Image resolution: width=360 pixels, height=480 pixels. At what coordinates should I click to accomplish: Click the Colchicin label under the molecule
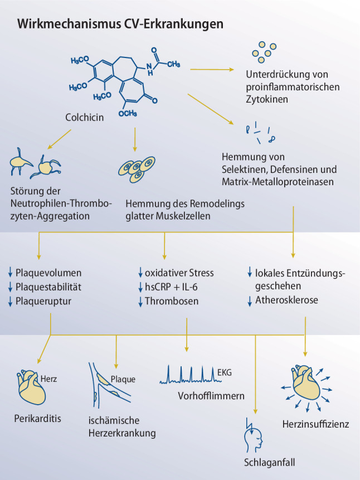click(85, 118)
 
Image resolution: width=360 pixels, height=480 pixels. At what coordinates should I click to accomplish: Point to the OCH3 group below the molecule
click(128, 114)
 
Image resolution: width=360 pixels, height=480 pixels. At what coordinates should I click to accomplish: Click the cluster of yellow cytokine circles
click(265, 50)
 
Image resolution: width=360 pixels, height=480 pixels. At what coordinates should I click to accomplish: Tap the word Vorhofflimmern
click(211, 396)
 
